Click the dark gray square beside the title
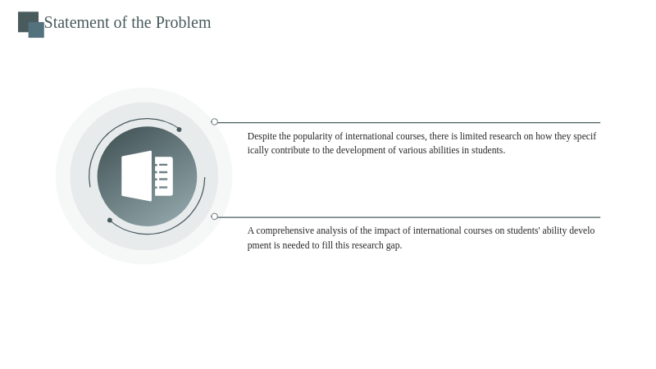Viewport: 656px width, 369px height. pos(28,22)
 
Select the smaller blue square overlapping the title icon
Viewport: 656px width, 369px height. pos(36,30)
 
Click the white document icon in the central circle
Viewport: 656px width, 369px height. pos(147,176)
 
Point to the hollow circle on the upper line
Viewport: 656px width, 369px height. pos(215,121)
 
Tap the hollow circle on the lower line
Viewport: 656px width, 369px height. pos(215,216)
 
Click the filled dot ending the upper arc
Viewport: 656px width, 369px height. pos(179,130)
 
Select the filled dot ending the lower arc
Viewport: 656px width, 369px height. pos(110,220)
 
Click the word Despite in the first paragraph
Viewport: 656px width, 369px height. pos(262,136)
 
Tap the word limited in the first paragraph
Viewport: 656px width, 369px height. pos(473,136)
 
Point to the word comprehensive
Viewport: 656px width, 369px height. pos(285,231)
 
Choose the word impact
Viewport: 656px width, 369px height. pos(387,231)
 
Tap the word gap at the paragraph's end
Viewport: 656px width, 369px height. pos(394,245)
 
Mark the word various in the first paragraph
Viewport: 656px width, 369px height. pos(412,150)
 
